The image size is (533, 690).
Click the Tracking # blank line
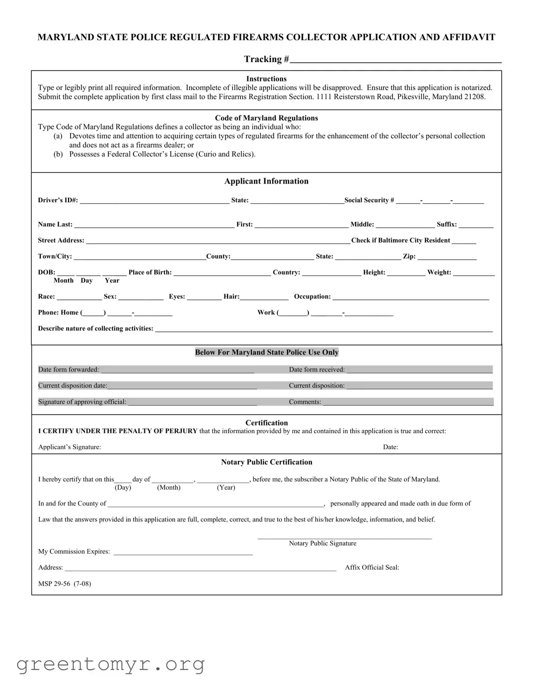click(x=395, y=60)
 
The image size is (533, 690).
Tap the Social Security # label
click(x=369, y=200)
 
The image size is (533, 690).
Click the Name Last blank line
click(x=154, y=225)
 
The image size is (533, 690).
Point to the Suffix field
click(x=476, y=225)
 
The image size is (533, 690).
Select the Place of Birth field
click(x=222, y=273)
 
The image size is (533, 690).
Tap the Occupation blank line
click(x=410, y=297)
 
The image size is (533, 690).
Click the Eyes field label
click(x=177, y=297)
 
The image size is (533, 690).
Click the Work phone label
click(x=266, y=313)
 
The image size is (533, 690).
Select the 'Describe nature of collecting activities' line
click(x=323, y=329)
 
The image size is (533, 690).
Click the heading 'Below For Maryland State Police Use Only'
click(x=267, y=352)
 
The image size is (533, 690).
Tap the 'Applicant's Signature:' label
click(x=70, y=447)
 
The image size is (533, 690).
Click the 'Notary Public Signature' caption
click(x=322, y=543)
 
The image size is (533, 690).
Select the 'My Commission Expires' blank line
click(x=183, y=552)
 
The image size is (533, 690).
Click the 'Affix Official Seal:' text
click(x=372, y=568)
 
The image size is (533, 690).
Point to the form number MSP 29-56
click(x=65, y=584)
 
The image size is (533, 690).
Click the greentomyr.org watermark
click(x=110, y=664)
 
